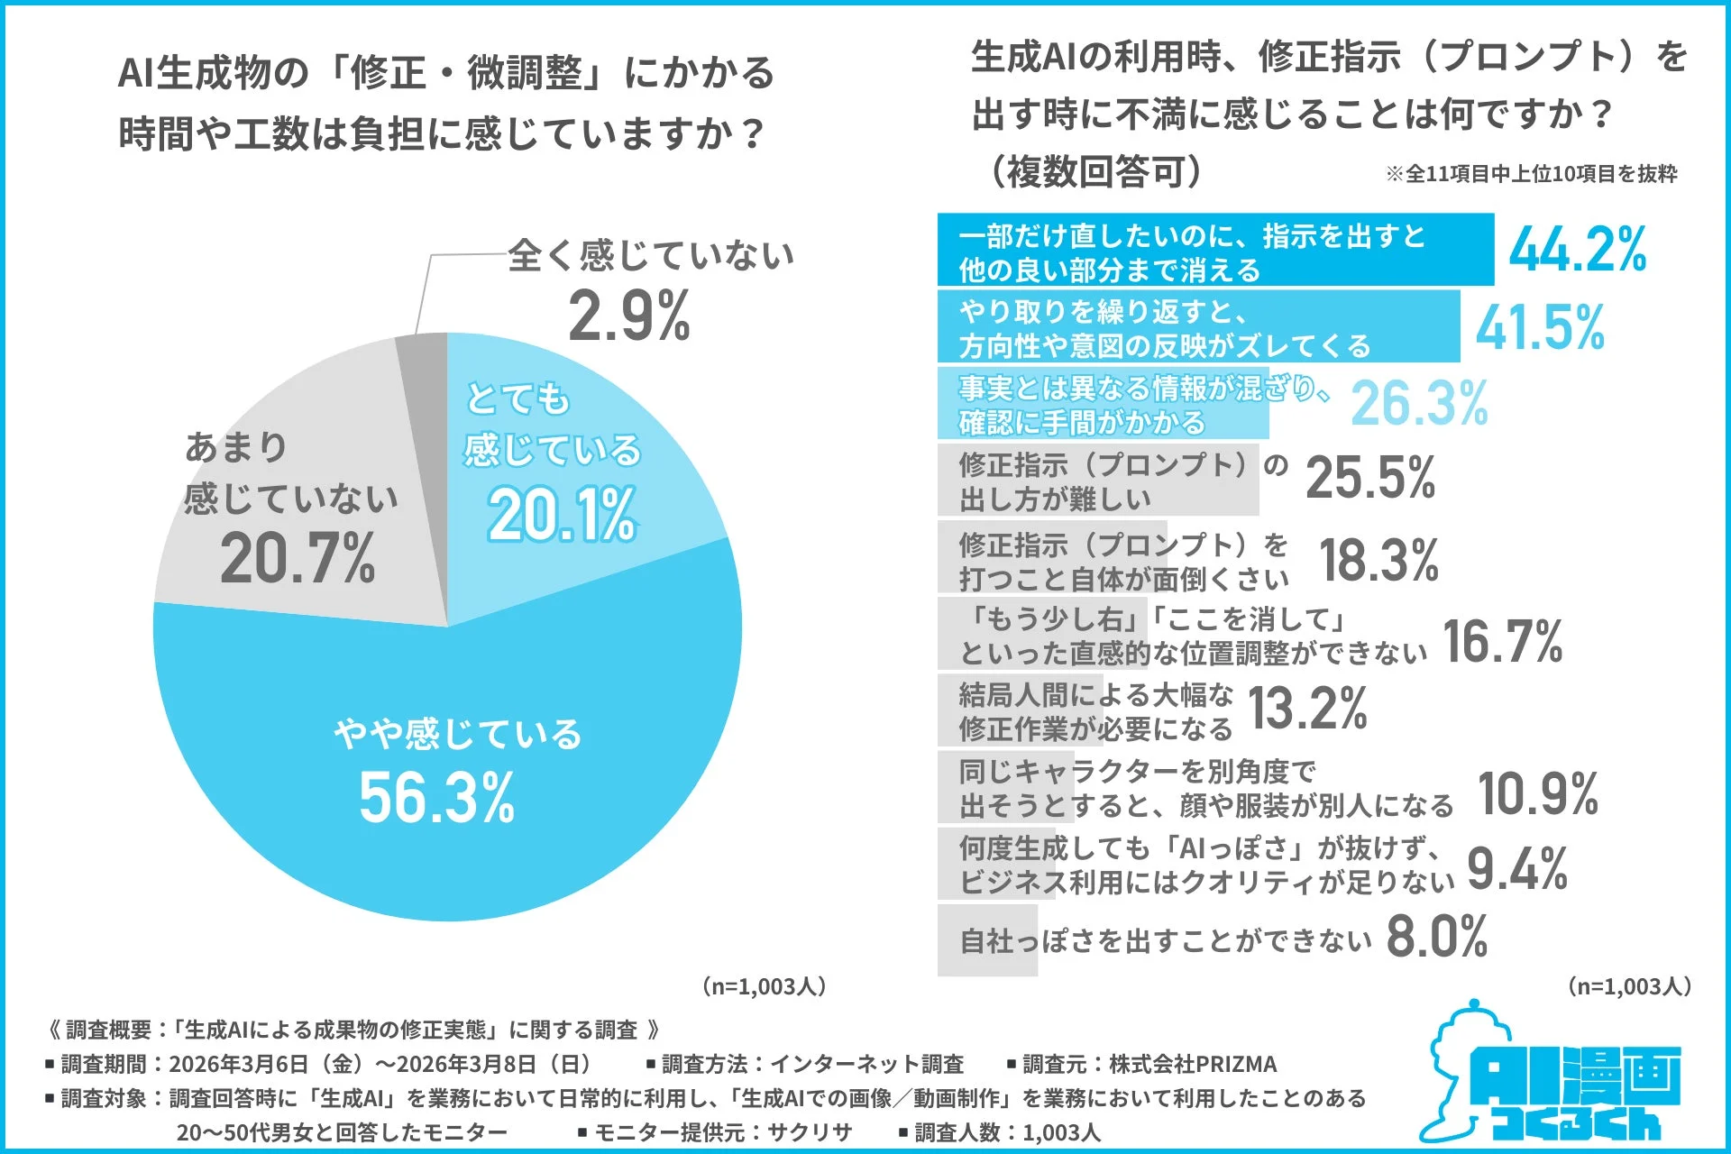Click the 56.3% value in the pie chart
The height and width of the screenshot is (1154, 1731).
click(x=436, y=798)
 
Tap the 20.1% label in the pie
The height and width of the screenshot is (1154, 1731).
click(x=562, y=516)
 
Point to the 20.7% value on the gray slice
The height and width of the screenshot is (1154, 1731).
click(x=298, y=559)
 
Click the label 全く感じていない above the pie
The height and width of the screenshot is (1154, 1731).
click(x=650, y=255)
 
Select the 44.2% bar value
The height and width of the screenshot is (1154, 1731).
click(x=1578, y=250)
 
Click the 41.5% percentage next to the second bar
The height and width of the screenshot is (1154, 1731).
click(x=1540, y=326)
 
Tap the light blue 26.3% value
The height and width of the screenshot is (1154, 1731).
click(x=1419, y=403)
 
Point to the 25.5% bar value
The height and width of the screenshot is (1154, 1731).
click(x=1370, y=478)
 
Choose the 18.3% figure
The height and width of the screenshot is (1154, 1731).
click(x=1378, y=560)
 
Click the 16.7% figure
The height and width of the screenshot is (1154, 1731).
click(x=1503, y=642)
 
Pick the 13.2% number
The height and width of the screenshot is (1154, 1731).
click(x=1307, y=709)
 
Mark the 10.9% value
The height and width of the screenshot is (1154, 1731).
click(x=1538, y=794)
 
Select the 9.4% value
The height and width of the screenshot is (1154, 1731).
click(x=1517, y=869)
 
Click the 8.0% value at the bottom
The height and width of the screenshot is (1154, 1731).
click(x=1437, y=937)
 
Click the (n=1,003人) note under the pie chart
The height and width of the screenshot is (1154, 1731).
click(x=764, y=986)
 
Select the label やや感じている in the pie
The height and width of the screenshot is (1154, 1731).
click(x=458, y=734)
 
